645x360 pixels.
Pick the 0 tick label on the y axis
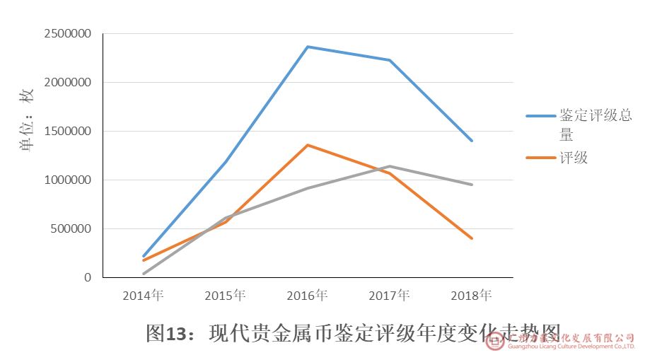click(88, 278)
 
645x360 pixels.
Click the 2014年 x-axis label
click(143, 296)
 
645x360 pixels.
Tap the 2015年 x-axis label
click(225, 296)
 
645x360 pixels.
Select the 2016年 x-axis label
click(307, 296)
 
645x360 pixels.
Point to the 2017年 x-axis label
click(389, 296)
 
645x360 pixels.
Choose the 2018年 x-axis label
click(471, 296)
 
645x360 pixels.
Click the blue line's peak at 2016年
click(307, 47)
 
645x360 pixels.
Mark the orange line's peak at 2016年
click(307, 145)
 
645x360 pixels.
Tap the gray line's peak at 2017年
click(389, 166)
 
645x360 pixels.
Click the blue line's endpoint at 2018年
click(471, 141)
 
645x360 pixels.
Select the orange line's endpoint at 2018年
click(471, 238)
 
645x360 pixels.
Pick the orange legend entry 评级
click(574, 158)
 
